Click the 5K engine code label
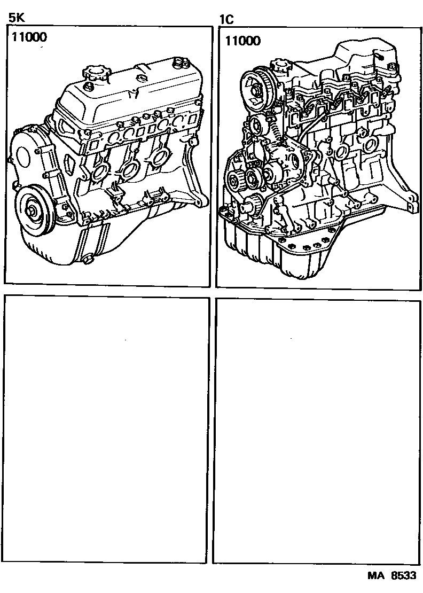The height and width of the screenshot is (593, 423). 17,18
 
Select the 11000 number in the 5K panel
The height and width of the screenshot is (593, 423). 28,37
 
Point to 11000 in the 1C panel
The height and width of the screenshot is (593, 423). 243,40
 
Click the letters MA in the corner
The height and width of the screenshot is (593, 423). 375,577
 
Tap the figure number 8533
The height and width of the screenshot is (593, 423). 404,577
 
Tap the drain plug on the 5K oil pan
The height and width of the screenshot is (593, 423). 88,260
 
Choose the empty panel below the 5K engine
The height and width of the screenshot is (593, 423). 107,427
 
